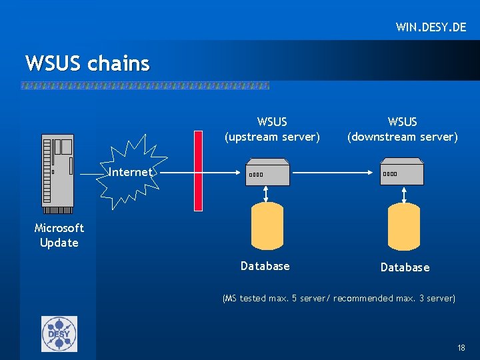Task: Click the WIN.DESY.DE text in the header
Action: [431, 27]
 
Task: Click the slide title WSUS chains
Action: [87, 63]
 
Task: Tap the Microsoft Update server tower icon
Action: [57, 170]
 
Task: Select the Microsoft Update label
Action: [59, 235]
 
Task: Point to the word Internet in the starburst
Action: [130, 172]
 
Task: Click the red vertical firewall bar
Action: [198, 171]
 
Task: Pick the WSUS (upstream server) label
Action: [272, 129]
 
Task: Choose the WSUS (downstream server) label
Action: [402, 129]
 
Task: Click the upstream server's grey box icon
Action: [267, 172]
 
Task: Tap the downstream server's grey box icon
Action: [402, 172]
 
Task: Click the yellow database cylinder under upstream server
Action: [266, 225]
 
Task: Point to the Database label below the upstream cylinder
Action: [265, 266]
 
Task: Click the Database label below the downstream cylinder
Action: [405, 267]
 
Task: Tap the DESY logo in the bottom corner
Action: [59, 333]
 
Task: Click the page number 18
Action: [461, 348]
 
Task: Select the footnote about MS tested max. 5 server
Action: [339, 299]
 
